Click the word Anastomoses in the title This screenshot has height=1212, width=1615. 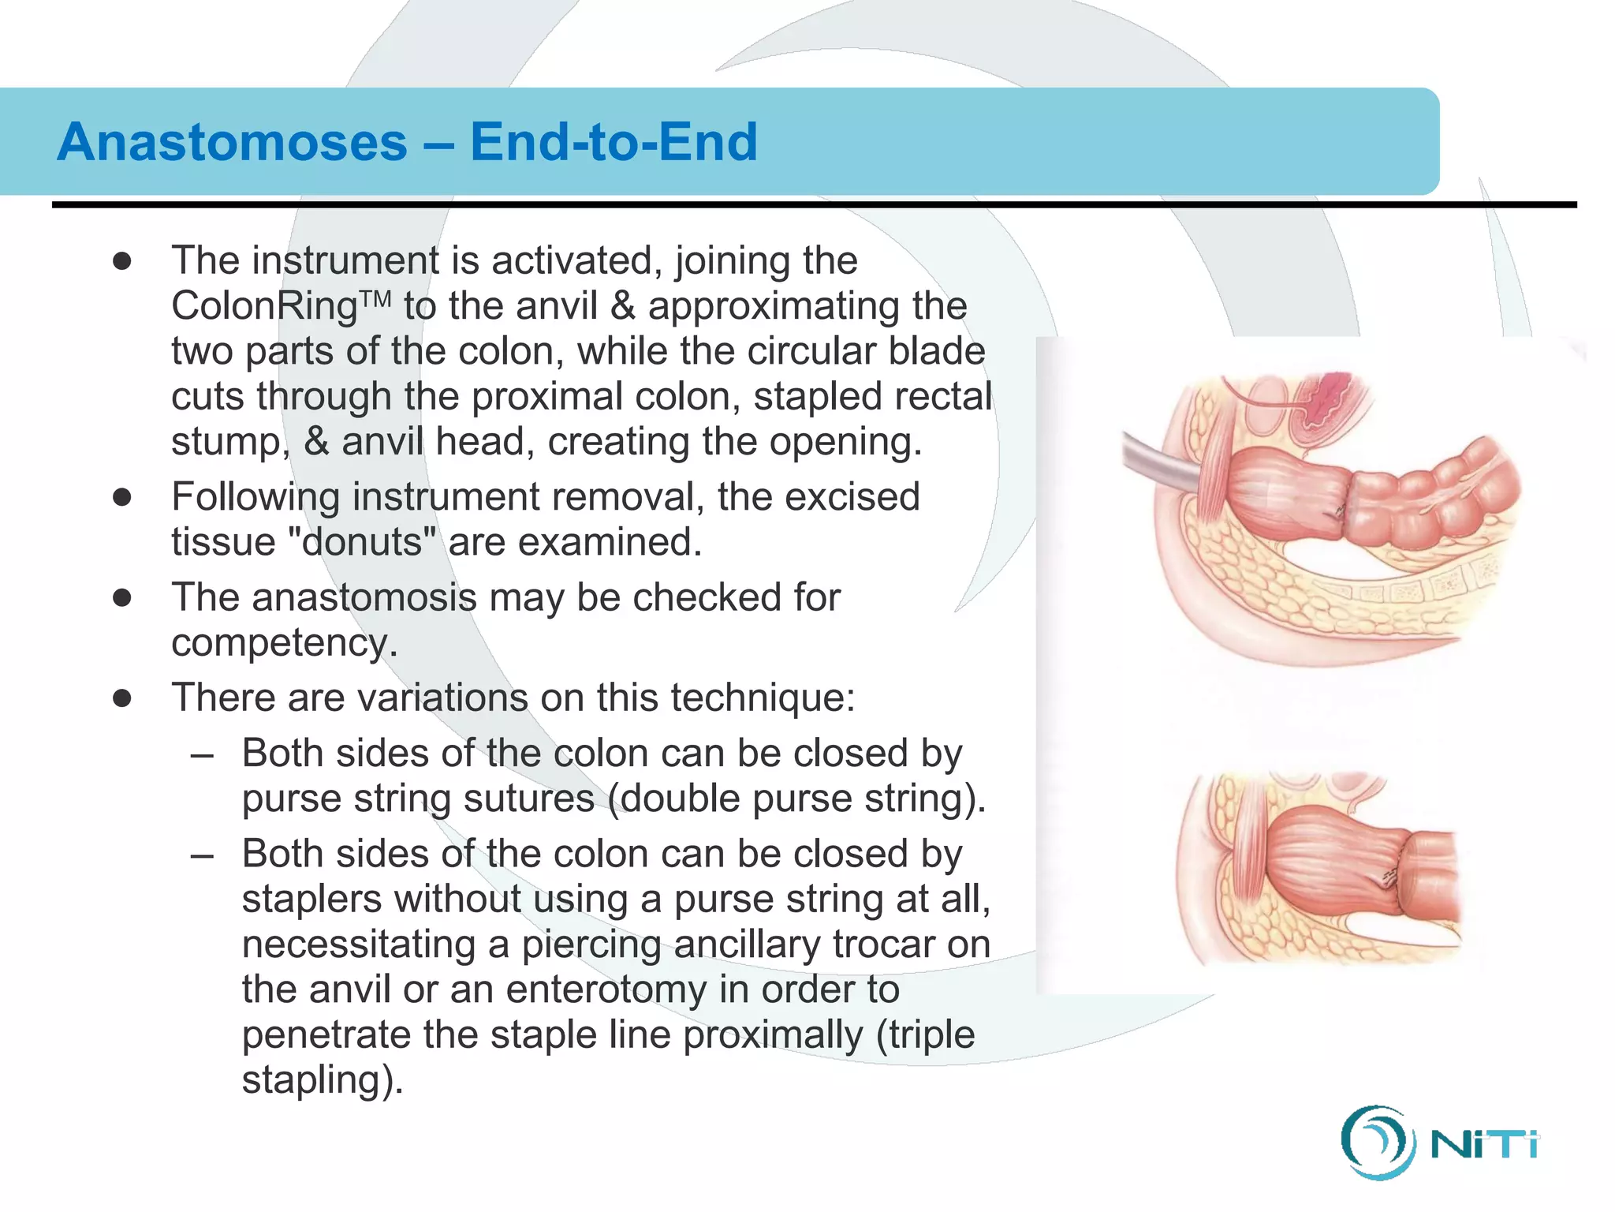pyautogui.click(x=232, y=142)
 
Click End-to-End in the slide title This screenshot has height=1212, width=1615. pyautogui.click(x=614, y=142)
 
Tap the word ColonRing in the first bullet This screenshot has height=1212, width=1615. pyautogui.click(x=265, y=306)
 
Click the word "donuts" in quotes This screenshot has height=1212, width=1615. pyautogui.click(x=363, y=542)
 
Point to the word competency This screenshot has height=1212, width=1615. pyautogui.click(x=284, y=643)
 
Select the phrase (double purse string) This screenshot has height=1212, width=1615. pyautogui.click(x=796, y=799)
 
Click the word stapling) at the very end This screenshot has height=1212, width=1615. pyautogui.click(x=323, y=1079)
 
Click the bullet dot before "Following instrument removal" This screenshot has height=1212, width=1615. pyautogui.click(x=121, y=497)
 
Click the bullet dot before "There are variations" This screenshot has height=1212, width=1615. pyautogui.click(x=121, y=698)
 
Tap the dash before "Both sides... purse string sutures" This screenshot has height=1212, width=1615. pyautogui.click(x=202, y=754)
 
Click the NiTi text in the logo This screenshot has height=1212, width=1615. pyautogui.click(x=1483, y=1144)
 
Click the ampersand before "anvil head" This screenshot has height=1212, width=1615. pyautogui.click(x=316, y=442)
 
